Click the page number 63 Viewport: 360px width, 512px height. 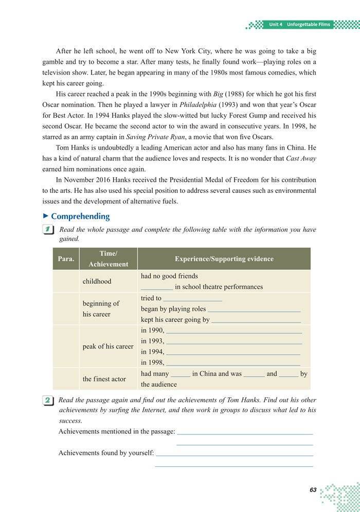click(313, 490)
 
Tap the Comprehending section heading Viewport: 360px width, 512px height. click(80, 216)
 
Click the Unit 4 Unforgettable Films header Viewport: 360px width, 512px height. click(300, 24)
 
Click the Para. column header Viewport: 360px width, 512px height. click(66, 259)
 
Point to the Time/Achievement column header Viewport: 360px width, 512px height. click(108, 259)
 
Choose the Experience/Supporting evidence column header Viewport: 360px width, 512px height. click(224, 259)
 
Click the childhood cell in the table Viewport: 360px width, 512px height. click(97, 281)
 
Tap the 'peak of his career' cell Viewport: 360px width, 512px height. click(108, 346)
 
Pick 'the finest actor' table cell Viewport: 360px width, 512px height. click(104, 379)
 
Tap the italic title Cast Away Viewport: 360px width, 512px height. click(301, 158)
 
